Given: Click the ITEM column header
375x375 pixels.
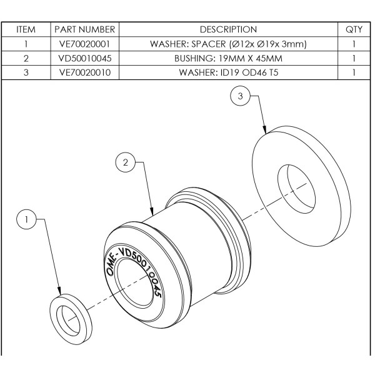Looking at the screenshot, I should [26, 29].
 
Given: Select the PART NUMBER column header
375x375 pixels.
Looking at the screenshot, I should [85, 29].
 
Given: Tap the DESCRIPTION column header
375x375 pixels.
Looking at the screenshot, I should [228, 29].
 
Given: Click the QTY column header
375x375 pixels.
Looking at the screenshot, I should [353, 29].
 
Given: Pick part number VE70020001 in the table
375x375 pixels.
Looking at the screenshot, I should [85, 44].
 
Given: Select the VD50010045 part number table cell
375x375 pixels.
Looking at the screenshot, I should [85, 59].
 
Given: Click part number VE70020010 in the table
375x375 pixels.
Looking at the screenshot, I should [85, 72].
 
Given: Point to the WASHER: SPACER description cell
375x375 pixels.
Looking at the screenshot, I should [228, 44].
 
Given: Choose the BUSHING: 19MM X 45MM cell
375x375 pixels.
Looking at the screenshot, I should [228, 59].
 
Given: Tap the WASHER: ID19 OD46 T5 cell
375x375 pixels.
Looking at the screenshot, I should [228, 72].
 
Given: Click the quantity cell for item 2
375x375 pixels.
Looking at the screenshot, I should [353, 59].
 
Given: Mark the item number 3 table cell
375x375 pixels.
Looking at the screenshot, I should [26, 72].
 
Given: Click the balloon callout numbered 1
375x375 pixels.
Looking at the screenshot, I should [26, 219].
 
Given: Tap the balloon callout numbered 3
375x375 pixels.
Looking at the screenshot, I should [240, 96].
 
